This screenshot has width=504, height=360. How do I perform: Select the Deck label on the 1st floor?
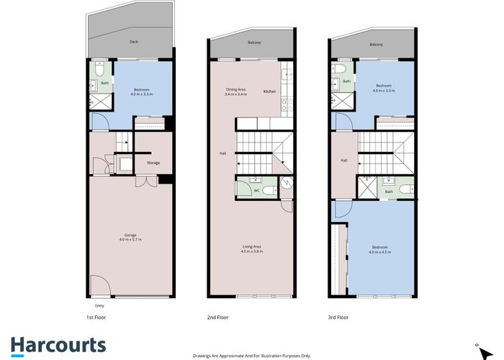point(133,42)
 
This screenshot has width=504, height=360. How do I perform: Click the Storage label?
point(153,163)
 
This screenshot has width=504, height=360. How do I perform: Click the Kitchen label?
point(269,91)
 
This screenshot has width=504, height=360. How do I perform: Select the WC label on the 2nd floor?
point(256,191)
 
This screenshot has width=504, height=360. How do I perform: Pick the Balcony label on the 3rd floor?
point(376,45)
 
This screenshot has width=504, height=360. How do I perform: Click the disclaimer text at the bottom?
point(252,355)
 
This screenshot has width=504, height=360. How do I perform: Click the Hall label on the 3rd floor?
point(344,160)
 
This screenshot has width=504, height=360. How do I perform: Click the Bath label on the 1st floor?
point(104,83)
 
